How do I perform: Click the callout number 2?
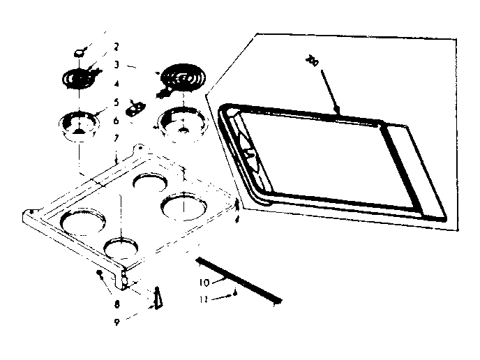pos(117,47)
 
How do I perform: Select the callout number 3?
pos(117,64)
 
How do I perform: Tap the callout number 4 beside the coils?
pos(117,84)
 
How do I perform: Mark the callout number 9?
pos(117,303)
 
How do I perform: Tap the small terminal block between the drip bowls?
pos(135,107)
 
